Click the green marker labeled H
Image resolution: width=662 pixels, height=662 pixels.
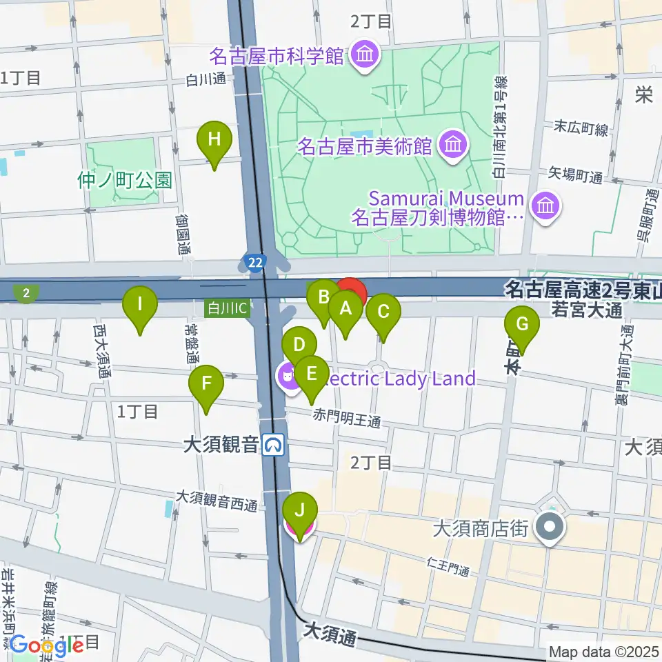point(214,140)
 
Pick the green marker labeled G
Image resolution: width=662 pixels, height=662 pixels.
point(522,324)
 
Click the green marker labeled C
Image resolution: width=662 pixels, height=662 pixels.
point(383,312)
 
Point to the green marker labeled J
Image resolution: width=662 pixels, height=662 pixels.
point(300,512)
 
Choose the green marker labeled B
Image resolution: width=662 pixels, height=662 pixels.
point(323,299)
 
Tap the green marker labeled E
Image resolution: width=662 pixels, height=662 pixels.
point(312,375)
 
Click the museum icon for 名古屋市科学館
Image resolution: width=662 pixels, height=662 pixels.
point(362,55)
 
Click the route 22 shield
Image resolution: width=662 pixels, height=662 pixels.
point(252,261)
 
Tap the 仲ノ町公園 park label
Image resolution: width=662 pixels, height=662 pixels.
point(124,181)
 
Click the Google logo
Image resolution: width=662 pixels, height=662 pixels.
point(47,645)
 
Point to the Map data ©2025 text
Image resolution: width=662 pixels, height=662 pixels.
point(601,651)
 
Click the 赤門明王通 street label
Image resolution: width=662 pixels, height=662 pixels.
point(347,418)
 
